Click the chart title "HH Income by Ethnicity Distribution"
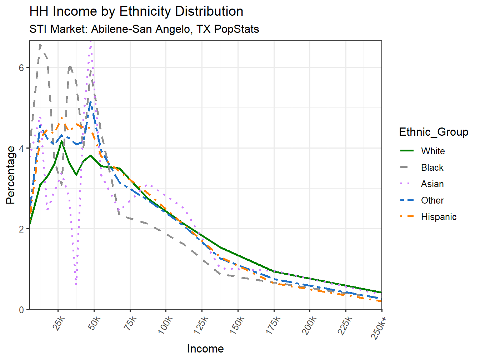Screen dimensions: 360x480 point(136,11)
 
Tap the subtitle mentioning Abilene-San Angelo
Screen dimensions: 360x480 point(144,29)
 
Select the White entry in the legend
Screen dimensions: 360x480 point(432,151)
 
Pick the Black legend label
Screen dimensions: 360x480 point(432,167)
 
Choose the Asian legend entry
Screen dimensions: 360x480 point(432,184)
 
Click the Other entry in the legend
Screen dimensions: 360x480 point(432,200)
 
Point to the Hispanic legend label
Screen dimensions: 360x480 point(439,217)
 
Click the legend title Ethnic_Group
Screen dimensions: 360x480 point(434,132)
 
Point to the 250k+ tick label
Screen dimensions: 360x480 point(379,327)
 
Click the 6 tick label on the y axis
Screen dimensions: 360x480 point(21,67)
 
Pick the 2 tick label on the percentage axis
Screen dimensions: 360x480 point(21,229)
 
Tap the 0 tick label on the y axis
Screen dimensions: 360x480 point(21,310)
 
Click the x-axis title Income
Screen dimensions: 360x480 point(205,349)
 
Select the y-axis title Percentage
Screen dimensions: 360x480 point(11,175)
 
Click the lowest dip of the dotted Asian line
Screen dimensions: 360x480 point(76,285)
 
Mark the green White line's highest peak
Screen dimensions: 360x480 point(62,141)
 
